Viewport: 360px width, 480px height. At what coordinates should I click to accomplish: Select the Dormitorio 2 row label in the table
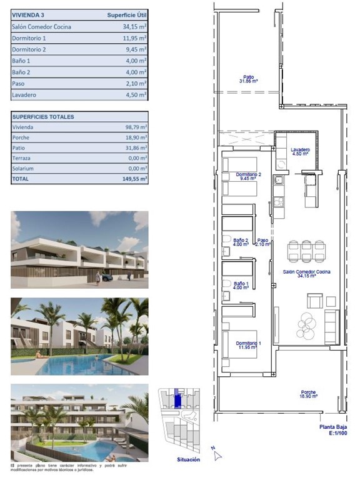click(x=29, y=49)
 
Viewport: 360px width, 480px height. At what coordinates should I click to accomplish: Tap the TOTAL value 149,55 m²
click(x=135, y=179)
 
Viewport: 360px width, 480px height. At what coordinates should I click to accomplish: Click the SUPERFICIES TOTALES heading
click(x=43, y=117)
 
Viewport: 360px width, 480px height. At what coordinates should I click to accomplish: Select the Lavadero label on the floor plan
click(x=301, y=151)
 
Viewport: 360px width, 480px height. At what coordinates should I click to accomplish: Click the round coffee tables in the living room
click(x=308, y=325)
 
